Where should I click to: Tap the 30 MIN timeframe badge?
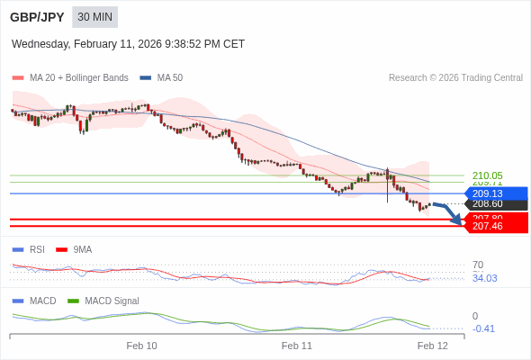pos(94,17)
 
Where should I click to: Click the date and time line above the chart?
pos(128,44)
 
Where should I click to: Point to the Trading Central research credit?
pos(455,78)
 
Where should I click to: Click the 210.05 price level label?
pos(487,175)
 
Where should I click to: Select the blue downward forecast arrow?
pos(450,213)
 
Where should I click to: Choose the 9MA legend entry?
pos(82,249)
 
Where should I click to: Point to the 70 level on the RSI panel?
pos(478,265)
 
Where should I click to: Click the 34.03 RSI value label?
pos(484,278)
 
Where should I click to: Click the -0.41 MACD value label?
pos(483,328)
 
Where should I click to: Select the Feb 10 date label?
pos(141,346)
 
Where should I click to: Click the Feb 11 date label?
pos(297,346)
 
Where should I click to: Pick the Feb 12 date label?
pos(432,346)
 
